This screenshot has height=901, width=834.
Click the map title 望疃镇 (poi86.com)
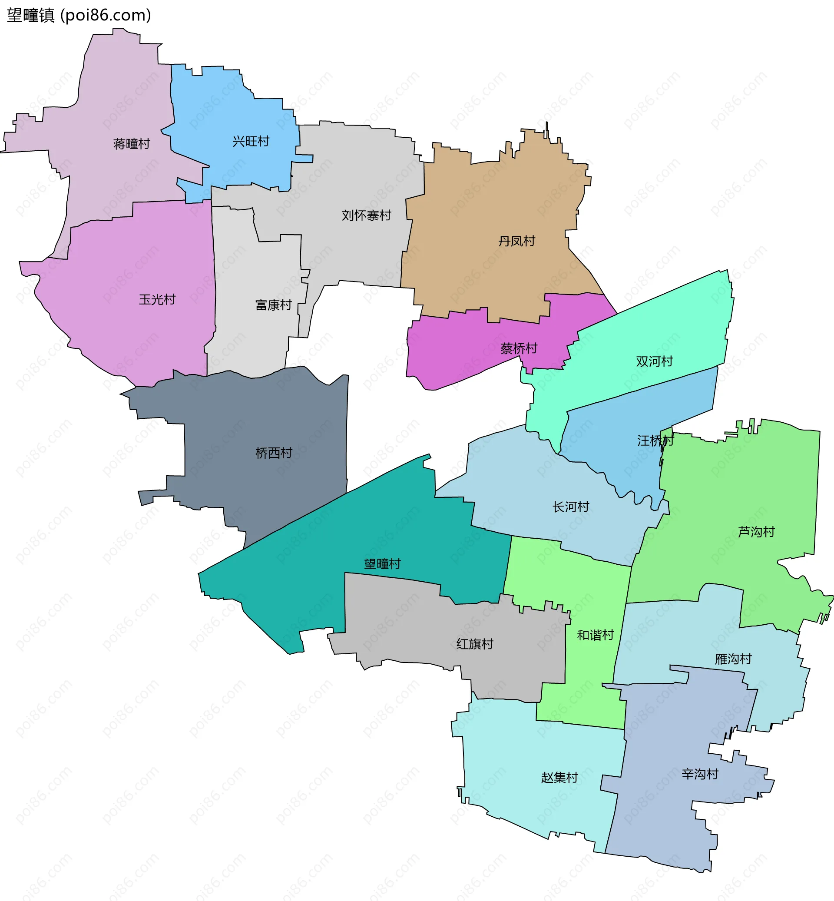point(79,15)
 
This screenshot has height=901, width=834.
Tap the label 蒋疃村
point(131,144)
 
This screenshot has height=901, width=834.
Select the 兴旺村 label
point(251,141)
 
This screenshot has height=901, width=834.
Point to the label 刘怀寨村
point(366,215)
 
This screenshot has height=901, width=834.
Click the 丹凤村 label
point(516,241)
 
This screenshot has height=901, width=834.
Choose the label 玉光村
point(157,299)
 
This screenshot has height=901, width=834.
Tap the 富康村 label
point(274,305)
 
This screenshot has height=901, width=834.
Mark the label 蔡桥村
point(519,348)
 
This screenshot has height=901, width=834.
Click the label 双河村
point(654,361)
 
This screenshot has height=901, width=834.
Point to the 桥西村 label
point(274,453)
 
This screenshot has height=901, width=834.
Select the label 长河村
point(570,507)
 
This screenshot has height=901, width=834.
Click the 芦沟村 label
point(756,532)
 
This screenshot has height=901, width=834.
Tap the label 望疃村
point(382,564)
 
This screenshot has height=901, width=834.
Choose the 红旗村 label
point(474,644)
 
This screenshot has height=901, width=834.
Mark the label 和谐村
point(595,635)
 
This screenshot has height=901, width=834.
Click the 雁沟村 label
point(733,659)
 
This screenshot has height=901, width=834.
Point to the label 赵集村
point(559,777)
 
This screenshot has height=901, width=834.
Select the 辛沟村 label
point(699,774)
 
